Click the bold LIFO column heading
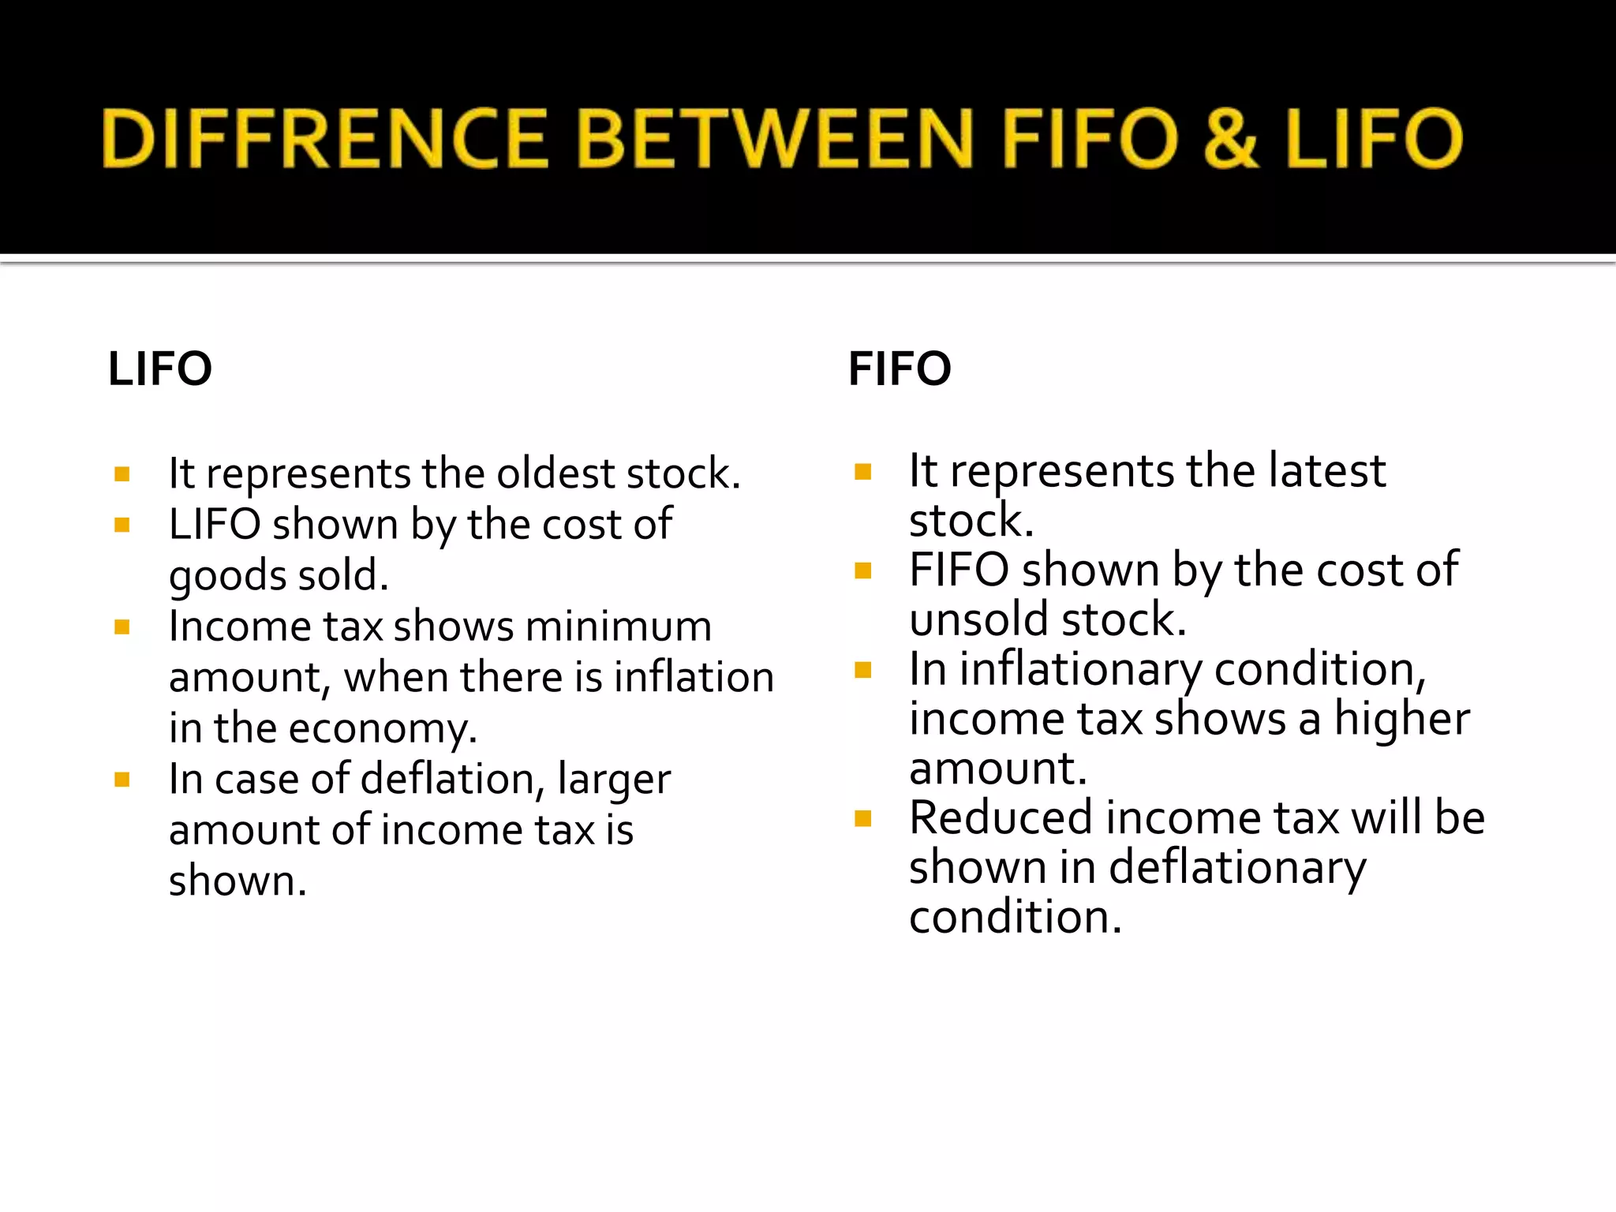pos(160,368)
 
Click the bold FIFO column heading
pos(900,368)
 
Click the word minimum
pos(619,627)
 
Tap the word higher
pos(1401,719)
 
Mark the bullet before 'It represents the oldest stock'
pos(122,474)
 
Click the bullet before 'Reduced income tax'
pos(862,818)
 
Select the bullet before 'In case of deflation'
pos(122,780)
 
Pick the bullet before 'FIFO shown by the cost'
pos(862,570)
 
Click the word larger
pos(614,780)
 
